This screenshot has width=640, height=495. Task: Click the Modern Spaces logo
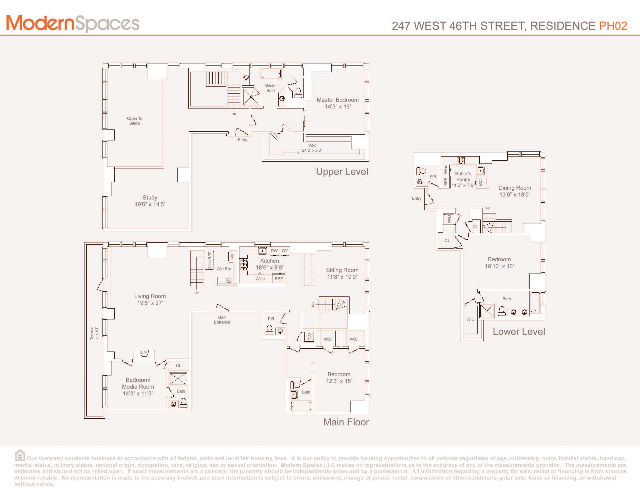click(73, 24)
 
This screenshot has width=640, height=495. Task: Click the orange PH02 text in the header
click(613, 26)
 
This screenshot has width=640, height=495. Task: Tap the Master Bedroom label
click(338, 103)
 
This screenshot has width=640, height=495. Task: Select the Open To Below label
click(135, 121)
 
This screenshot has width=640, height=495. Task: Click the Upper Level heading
click(342, 172)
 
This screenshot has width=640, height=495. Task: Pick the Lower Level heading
click(519, 331)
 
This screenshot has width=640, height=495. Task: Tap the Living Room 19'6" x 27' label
click(150, 299)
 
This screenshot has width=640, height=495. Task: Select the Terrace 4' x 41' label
click(94, 333)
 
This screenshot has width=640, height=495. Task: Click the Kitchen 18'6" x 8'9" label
click(270, 264)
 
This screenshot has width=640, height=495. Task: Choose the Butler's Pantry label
click(463, 179)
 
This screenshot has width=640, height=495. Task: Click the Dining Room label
click(515, 191)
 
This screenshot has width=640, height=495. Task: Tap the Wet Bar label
click(224, 269)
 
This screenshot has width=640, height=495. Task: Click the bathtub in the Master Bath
click(271, 73)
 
